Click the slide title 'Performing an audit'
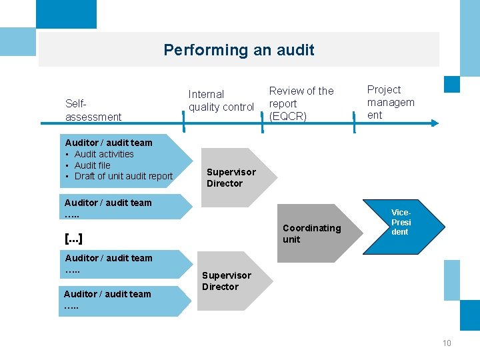239,50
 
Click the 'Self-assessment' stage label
93,110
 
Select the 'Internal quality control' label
221,101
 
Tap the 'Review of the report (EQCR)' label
301,103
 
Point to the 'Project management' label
391,102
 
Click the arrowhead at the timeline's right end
434,123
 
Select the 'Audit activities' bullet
104,154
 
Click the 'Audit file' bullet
93,165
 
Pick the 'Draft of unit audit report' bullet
123,176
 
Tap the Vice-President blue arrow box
403,223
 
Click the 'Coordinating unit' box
311,233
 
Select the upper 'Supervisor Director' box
231,177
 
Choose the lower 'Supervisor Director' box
227,281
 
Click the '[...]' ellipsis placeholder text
73,238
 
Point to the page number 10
446,343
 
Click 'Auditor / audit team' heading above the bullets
109,143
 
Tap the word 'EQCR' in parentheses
287,117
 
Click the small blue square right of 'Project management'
452,84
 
